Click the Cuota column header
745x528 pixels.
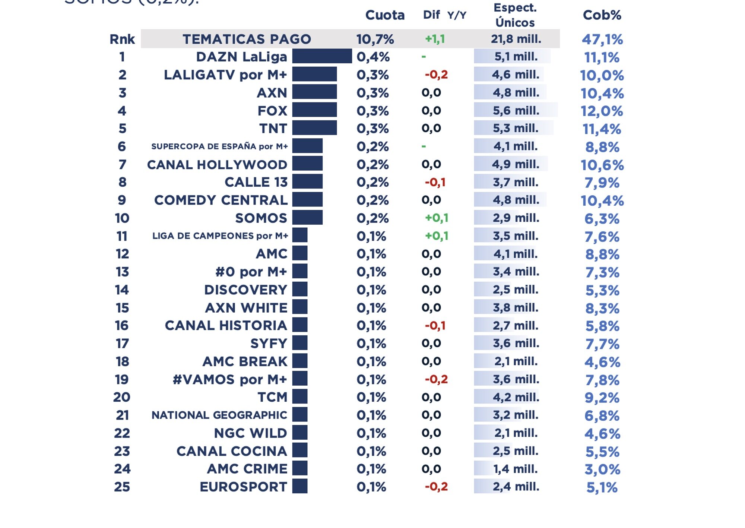pyautogui.click(x=385, y=15)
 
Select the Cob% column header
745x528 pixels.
pyautogui.click(x=602, y=15)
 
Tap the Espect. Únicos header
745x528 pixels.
pyautogui.click(x=515, y=15)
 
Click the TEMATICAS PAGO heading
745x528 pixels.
pyautogui.click(x=247, y=39)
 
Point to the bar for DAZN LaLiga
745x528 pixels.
pyautogui.click(x=322, y=56)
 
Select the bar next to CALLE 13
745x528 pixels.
pyautogui.click(x=307, y=182)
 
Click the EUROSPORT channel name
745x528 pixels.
pyautogui.click(x=243, y=487)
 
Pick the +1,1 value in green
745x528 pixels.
pyautogui.click(x=435, y=39)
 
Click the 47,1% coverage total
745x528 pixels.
pyautogui.click(x=602, y=39)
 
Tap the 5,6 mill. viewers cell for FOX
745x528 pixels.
pyautogui.click(x=516, y=111)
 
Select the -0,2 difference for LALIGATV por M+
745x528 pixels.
pyautogui.click(x=436, y=75)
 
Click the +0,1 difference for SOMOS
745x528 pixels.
pyautogui.click(x=437, y=218)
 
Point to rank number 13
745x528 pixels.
pyautogui.click(x=122, y=272)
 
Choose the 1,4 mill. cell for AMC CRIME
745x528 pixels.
pyautogui.click(x=515, y=469)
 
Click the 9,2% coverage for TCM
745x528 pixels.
pyautogui.click(x=602, y=398)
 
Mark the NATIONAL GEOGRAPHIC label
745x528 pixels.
pyautogui.click(x=219, y=415)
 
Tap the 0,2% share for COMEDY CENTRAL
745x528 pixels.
pyautogui.click(x=372, y=200)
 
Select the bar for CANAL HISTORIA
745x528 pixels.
pyautogui.click(x=300, y=325)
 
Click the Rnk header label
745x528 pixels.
pyautogui.click(x=122, y=39)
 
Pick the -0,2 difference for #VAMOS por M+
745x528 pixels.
pyautogui.click(x=436, y=379)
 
